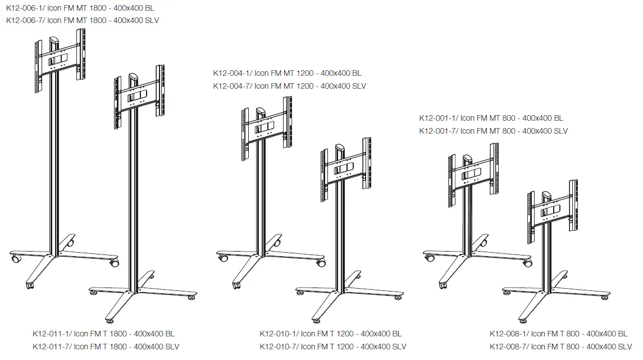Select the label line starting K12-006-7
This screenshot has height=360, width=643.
[83, 20]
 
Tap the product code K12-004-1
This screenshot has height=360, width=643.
[231, 74]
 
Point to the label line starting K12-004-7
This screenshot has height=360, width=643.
[289, 86]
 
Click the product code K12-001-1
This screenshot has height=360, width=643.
[437, 119]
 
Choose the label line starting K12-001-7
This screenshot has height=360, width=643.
[493, 131]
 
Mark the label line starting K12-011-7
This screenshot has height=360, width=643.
[106, 346]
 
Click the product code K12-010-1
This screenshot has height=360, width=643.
[278, 334]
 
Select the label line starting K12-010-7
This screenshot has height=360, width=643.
[332, 346]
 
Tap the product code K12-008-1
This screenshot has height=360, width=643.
[508, 334]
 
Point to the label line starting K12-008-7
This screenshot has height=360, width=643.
[560, 346]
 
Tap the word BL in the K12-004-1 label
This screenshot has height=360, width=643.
[357, 74]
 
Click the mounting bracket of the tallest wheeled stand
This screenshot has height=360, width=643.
[60, 59]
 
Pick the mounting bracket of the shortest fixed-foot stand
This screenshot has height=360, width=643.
[553, 211]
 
